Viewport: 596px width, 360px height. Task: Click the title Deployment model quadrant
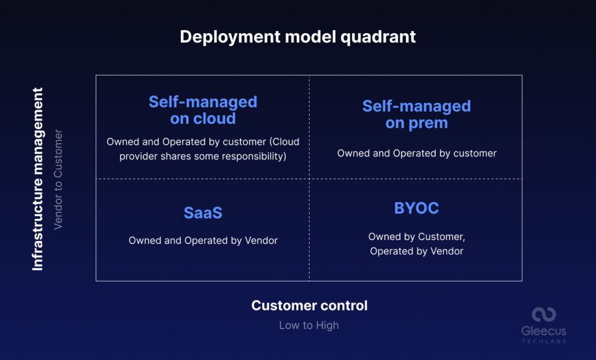tap(297, 37)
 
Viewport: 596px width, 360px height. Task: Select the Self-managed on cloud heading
tap(203, 110)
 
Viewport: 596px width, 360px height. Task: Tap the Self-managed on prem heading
tap(416, 115)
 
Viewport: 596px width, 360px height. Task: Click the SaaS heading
tap(203, 213)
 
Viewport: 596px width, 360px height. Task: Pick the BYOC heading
tap(416, 208)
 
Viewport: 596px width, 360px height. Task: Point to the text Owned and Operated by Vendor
tap(203, 240)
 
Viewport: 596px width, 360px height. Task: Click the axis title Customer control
tap(309, 305)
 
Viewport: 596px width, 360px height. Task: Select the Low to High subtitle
tap(308, 325)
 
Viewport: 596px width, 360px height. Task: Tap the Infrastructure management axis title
tap(38, 179)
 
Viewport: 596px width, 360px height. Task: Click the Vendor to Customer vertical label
tap(58, 179)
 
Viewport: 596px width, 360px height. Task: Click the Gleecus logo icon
tap(544, 315)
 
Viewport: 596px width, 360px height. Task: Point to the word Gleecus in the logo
tap(544, 331)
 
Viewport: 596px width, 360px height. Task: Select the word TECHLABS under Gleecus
tap(544, 341)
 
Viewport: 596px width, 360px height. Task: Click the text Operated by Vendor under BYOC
tap(416, 251)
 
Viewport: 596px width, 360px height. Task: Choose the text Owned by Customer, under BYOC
tap(416, 237)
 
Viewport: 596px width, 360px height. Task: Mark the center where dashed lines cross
tap(309, 179)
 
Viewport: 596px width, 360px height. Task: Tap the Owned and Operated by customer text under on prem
tap(416, 153)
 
